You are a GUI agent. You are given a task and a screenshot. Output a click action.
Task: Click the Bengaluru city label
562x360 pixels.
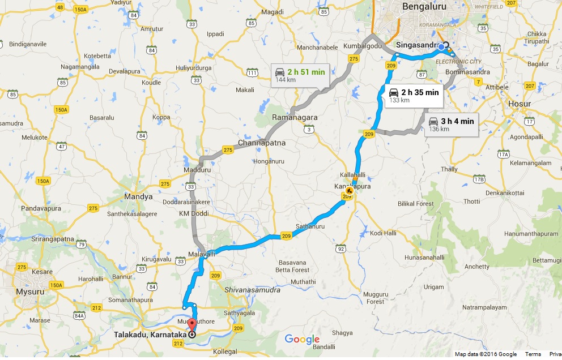pyautogui.click(x=424, y=7)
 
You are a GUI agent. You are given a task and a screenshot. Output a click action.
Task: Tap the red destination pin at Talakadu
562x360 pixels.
pyautogui.click(x=191, y=325)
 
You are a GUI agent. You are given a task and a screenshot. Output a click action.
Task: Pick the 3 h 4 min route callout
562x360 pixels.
pyautogui.click(x=451, y=124)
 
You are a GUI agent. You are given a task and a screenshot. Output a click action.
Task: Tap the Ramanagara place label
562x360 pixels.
pyautogui.click(x=295, y=117)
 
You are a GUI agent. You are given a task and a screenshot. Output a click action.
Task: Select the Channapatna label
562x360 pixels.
pyautogui.click(x=262, y=143)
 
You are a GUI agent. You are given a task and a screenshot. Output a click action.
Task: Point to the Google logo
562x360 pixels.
pyautogui.click(x=302, y=340)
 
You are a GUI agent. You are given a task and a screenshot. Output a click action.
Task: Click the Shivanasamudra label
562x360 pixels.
pyautogui.click(x=252, y=290)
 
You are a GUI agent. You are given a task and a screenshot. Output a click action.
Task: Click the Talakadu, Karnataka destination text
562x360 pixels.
pyautogui.click(x=151, y=335)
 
